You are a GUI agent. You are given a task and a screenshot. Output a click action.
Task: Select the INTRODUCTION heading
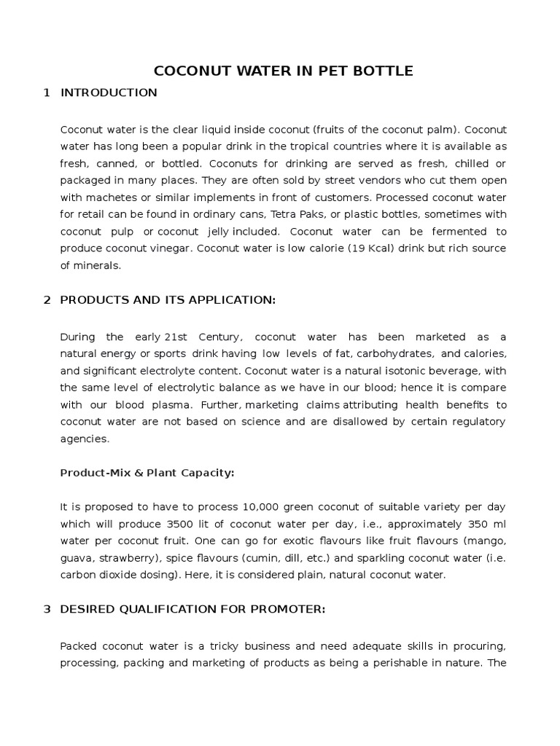click(x=109, y=93)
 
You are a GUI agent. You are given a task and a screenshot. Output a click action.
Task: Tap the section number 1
click(x=47, y=93)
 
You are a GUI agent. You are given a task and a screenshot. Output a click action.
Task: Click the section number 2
click(x=47, y=300)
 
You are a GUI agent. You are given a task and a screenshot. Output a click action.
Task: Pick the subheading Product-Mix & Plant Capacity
click(x=147, y=472)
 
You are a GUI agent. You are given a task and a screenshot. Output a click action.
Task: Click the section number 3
click(x=47, y=609)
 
